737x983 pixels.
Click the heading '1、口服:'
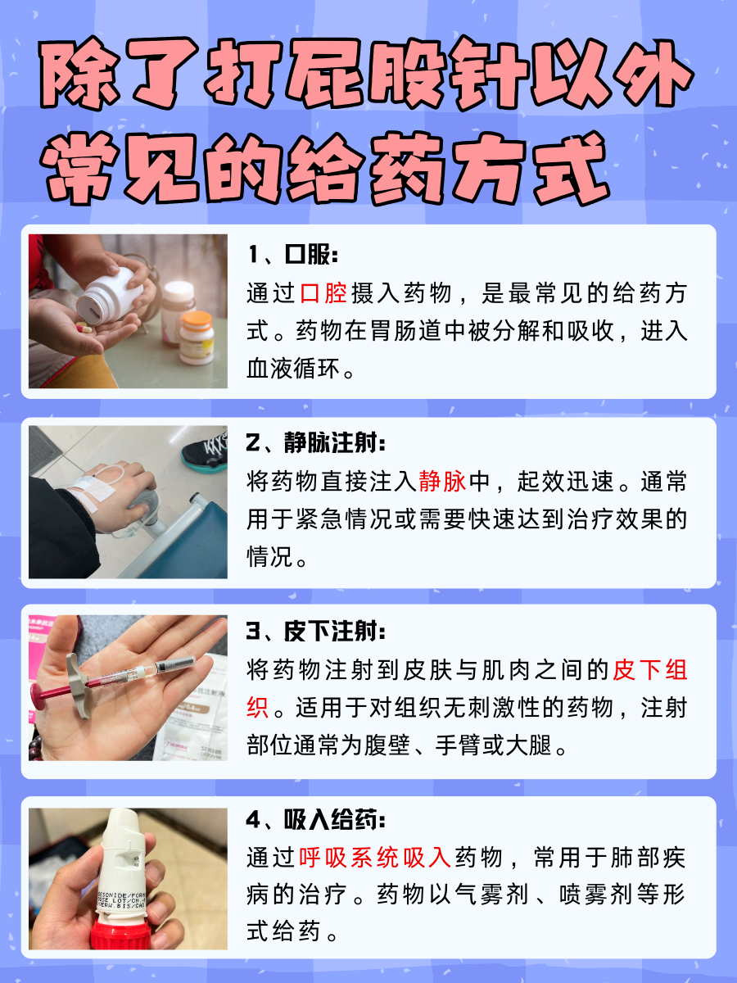[x=292, y=255]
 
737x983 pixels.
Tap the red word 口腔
[x=323, y=293]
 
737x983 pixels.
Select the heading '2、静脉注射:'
[x=315, y=443]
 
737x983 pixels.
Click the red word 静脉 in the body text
[x=442, y=482]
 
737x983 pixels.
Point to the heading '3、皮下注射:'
[x=315, y=632]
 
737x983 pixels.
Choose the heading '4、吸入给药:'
[x=315, y=820]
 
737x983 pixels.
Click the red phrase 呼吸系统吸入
[x=375, y=858]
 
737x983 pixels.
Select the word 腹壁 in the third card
[x=443, y=746]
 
